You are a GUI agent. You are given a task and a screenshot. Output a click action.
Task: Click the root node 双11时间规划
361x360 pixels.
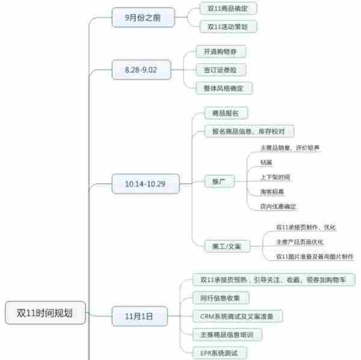[46, 312]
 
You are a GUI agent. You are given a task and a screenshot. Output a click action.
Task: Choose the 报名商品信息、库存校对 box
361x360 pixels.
[245, 131]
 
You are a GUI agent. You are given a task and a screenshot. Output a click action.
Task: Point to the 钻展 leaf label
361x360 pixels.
[266, 162]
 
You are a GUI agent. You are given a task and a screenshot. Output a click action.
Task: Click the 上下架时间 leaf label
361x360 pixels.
[276, 177]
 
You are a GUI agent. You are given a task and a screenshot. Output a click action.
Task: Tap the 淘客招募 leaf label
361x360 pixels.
[272, 191]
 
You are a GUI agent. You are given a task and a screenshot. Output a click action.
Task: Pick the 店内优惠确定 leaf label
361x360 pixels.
[278, 206]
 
